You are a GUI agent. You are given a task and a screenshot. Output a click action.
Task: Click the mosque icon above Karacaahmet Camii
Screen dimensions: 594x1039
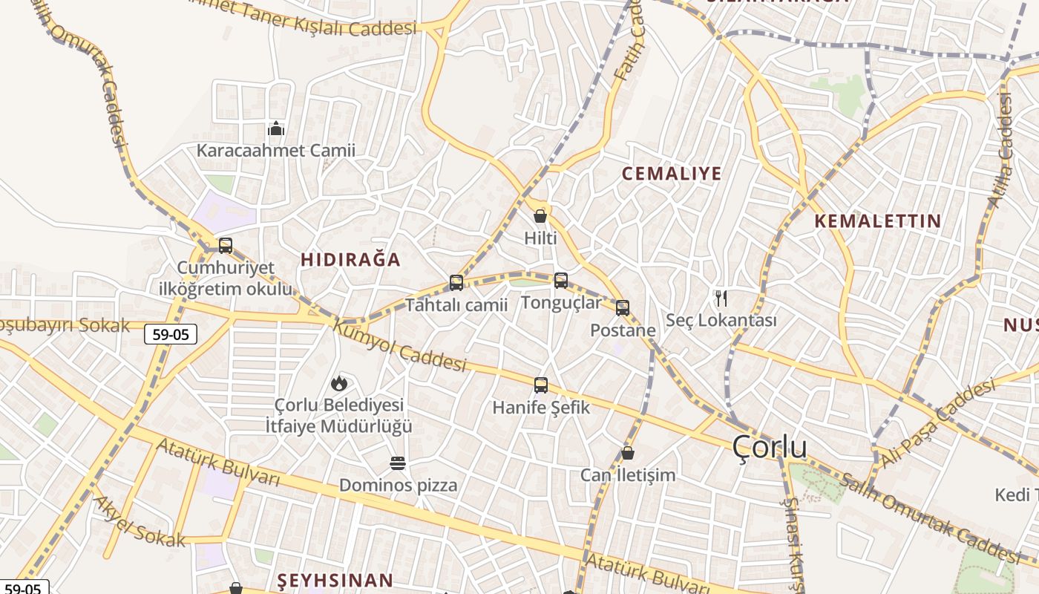[x=276, y=129]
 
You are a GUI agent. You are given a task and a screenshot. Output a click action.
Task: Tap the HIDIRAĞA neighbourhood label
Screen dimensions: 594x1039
[x=350, y=259]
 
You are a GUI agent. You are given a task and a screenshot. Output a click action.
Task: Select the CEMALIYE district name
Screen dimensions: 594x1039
[x=672, y=174]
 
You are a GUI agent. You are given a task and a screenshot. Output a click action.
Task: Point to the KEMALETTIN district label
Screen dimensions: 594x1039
[x=877, y=221]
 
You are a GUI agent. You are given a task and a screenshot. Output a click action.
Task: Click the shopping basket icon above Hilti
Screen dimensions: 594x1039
[x=540, y=216]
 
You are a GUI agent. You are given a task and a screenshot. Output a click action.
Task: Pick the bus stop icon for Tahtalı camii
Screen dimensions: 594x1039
[x=456, y=283]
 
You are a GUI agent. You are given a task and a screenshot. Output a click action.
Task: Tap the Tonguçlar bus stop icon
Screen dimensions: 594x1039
[x=561, y=280]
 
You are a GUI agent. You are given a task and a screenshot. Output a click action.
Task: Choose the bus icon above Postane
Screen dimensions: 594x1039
[x=623, y=307]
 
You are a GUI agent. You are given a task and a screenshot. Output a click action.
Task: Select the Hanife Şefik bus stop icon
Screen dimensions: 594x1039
[x=541, y=385]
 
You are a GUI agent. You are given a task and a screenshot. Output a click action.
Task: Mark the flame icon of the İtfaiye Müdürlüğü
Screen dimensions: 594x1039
[x=339, y=383]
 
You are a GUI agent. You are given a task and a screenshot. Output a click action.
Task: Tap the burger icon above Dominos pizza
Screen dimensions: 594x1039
[x=398, y=463]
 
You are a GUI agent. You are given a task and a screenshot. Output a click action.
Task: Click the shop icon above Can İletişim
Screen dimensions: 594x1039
[x=628, y=453]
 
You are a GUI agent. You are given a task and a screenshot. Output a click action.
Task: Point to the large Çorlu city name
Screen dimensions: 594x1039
[x=770, y=447]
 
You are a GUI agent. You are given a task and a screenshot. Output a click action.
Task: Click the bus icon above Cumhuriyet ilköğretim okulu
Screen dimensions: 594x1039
[x=226, y=246]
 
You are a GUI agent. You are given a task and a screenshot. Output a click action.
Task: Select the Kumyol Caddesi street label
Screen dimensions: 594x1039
[x=399, y=345]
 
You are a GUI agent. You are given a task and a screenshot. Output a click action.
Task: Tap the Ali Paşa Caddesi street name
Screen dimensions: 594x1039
[x=937, y=423]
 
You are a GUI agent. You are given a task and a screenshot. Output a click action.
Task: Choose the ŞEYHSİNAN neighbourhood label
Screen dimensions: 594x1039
[x=335, y=580]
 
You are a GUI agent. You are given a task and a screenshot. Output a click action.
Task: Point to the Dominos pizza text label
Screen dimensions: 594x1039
[x=399, y=486]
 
